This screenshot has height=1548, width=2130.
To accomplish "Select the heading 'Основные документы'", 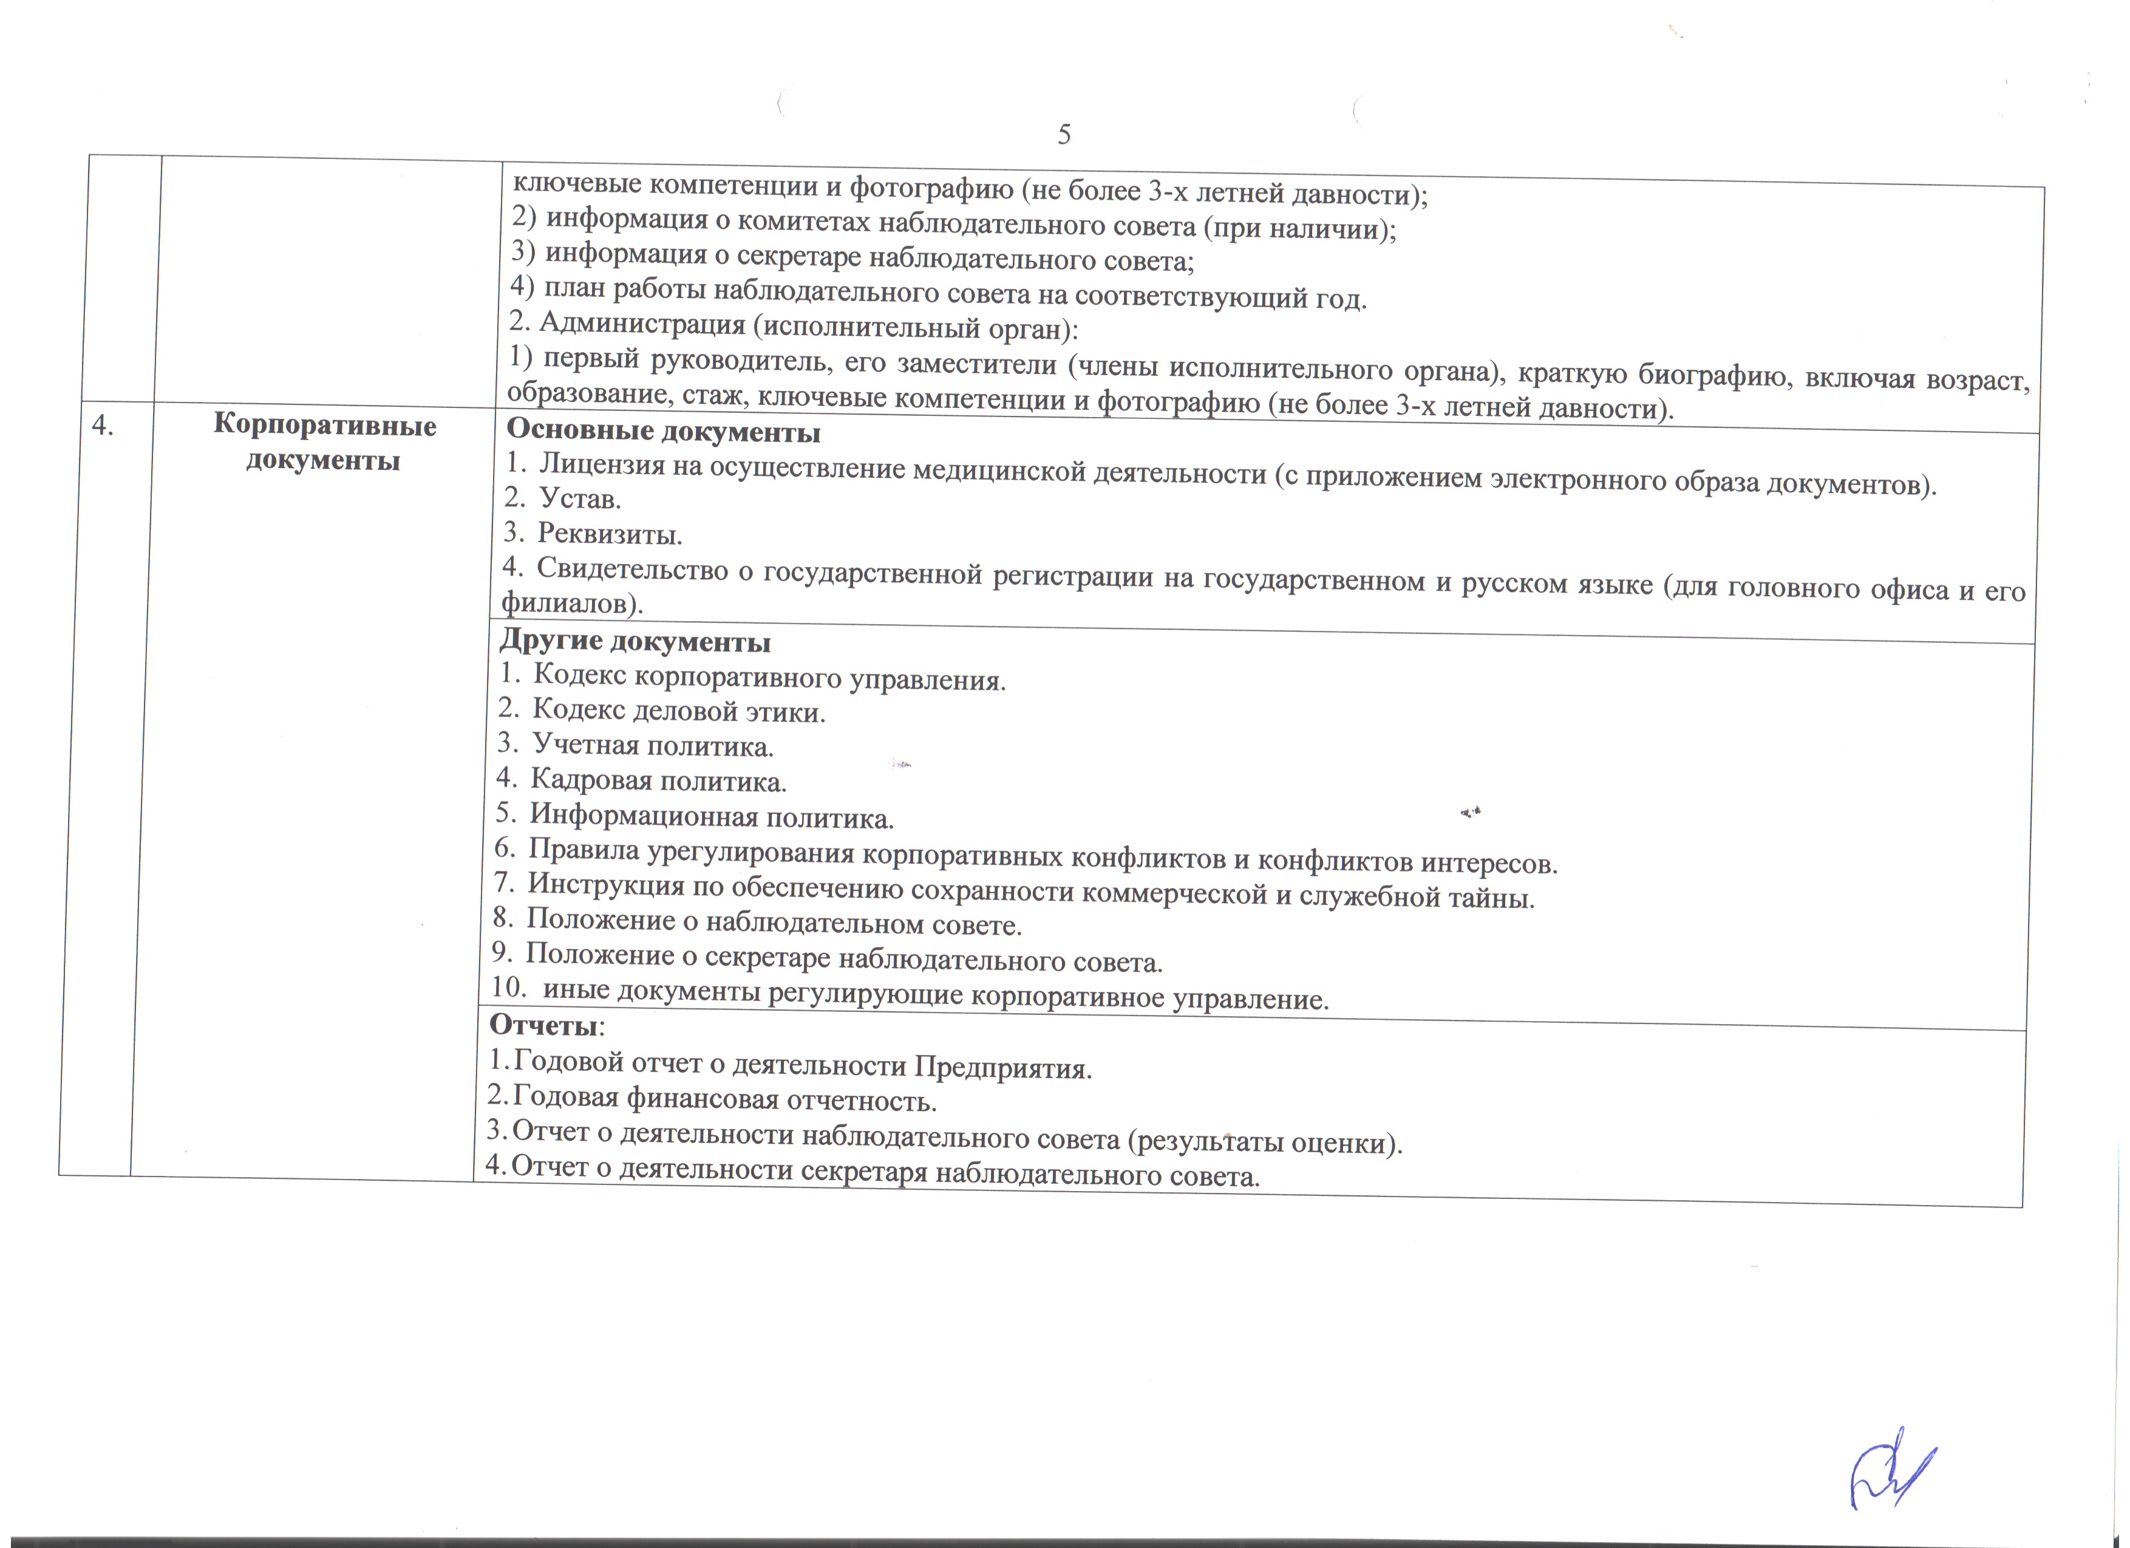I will coord(663,432).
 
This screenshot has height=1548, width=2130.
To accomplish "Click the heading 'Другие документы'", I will coord(635,642).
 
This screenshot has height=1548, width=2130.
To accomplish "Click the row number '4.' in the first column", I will coord(103,426).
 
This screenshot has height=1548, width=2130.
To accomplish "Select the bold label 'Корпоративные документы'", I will coord(324,442).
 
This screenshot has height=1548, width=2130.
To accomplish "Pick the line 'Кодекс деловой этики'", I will coord(678,711).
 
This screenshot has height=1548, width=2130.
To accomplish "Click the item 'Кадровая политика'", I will coord(658,780).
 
